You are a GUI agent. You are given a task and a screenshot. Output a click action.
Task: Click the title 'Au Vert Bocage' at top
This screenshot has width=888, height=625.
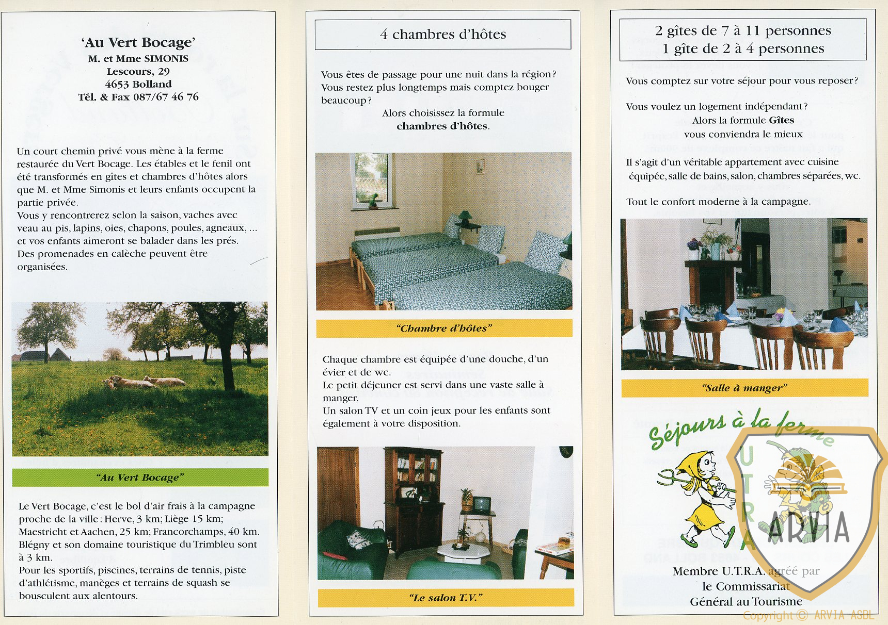click(138, 42)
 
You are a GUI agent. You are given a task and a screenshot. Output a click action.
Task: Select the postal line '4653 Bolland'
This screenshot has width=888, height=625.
click(138, 84)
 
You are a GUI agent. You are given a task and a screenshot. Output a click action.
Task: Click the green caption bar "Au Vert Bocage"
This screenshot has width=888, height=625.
click(140, 478)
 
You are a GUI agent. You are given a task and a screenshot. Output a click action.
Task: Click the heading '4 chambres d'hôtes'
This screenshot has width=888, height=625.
click(443, 35)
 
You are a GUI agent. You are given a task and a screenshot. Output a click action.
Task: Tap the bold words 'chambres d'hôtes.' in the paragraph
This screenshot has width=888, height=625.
click(442, 126)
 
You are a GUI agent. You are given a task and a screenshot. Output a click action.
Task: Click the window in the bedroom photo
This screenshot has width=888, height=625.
click(371, 179)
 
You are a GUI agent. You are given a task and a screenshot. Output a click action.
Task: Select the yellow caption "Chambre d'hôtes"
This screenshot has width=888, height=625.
click(444, 328)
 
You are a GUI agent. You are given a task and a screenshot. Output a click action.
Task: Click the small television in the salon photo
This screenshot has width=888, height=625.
click(482, 504)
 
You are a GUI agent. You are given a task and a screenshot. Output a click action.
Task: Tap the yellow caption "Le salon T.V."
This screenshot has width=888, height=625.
click(446, 598)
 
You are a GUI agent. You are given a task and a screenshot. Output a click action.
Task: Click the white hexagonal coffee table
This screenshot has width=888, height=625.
click(464, 551)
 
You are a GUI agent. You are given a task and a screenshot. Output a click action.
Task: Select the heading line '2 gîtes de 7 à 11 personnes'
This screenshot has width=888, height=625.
click(743, 31)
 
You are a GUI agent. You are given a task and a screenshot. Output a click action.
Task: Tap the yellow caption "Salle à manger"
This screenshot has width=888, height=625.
click(744, 388)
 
